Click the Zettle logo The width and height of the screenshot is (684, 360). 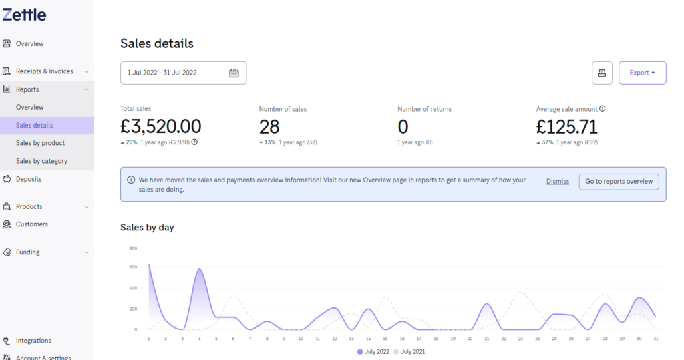(x=24, y=15)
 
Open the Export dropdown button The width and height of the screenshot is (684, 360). (x=642, y=73)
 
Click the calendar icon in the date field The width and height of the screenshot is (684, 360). (x=234, y=73)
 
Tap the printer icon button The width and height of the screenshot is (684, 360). (x=602, y=73)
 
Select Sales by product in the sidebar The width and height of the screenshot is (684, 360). (x=40, y=143)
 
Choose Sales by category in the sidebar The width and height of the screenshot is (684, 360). (x=41, y=161)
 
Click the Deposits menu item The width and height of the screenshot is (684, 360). (x=29, y=179)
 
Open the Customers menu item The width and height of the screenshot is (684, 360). (x=32, y=224)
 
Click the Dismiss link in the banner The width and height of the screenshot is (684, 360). (x=558, y=182)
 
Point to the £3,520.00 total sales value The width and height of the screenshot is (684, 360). (x=160, y=126)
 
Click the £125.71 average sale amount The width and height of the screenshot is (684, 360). (x=566, y=127)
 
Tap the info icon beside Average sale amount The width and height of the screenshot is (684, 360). (x=603, y=109)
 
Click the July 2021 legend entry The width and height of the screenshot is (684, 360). (x=409, y=352)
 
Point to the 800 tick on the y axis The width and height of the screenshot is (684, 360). (x=133, y=248)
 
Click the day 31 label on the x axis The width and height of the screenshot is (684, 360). (x=656, y=339)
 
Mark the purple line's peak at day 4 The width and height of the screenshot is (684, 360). (x=200, y=268)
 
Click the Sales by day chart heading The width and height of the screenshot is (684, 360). (x=147, y=227)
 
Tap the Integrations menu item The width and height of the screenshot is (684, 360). (x=33, y=341)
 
